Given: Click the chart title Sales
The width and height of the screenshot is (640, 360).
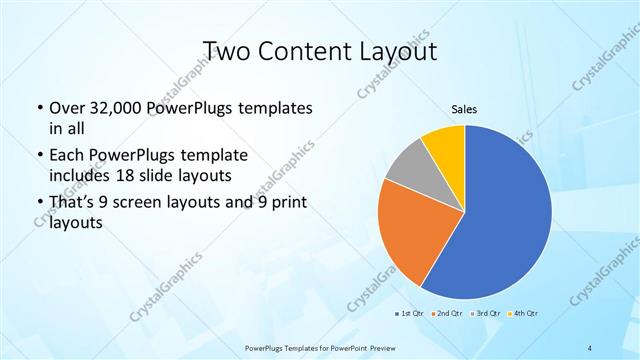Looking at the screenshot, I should coord(464,109).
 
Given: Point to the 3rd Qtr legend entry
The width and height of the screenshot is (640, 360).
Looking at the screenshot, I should coord(484,314).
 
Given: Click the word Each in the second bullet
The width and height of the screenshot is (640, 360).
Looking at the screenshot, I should coord(66,155).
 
